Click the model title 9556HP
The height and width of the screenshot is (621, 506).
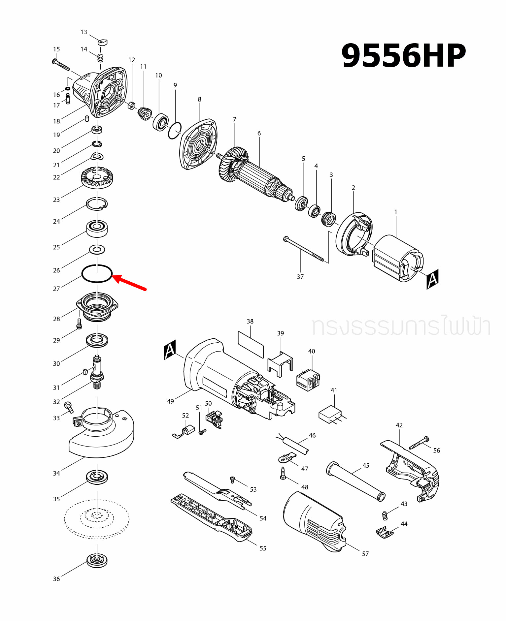pyautogui.click(x=403, y=55)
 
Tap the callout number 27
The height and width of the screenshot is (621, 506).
pyautogui.click(x=56, y=289)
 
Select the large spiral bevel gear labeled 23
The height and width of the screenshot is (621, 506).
pyautogui.click(x=97, y=178)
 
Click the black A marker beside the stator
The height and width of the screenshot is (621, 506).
pyautogui.click(x=432, y=279)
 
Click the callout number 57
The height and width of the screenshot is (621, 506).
pyautogui.click(x=365, y=554)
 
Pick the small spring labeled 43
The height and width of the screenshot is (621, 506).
pyautogui.click(x=384, y=515)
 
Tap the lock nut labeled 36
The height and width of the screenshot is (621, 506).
pyautogui.click(x=97, y=560)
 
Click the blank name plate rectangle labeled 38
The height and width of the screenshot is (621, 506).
pyautogui.click(x=251, y=345)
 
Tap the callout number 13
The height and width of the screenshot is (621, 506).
pyautogui.click(x=84, y=32)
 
